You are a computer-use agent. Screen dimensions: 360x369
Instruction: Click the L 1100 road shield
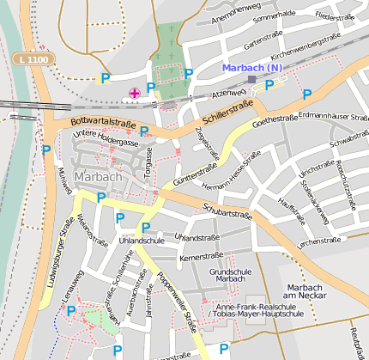[36, 58]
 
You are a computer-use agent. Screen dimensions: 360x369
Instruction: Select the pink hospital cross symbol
[134, 92]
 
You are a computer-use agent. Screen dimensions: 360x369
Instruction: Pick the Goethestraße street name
[275, 119]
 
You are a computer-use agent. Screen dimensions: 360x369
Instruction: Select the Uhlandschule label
[142, 241]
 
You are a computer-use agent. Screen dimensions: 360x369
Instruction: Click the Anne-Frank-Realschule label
[258, 307]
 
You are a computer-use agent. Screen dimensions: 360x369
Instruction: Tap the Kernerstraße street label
[202, 257]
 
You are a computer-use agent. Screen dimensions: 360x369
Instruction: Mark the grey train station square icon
[251, 80]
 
